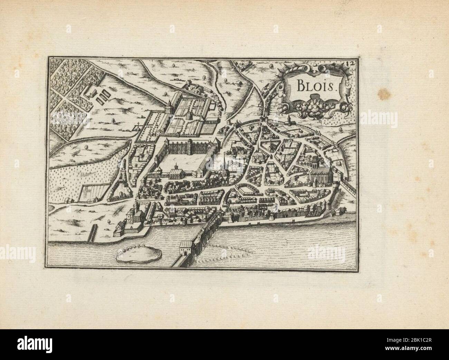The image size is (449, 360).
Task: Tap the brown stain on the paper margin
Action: click(x=383, y=93)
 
